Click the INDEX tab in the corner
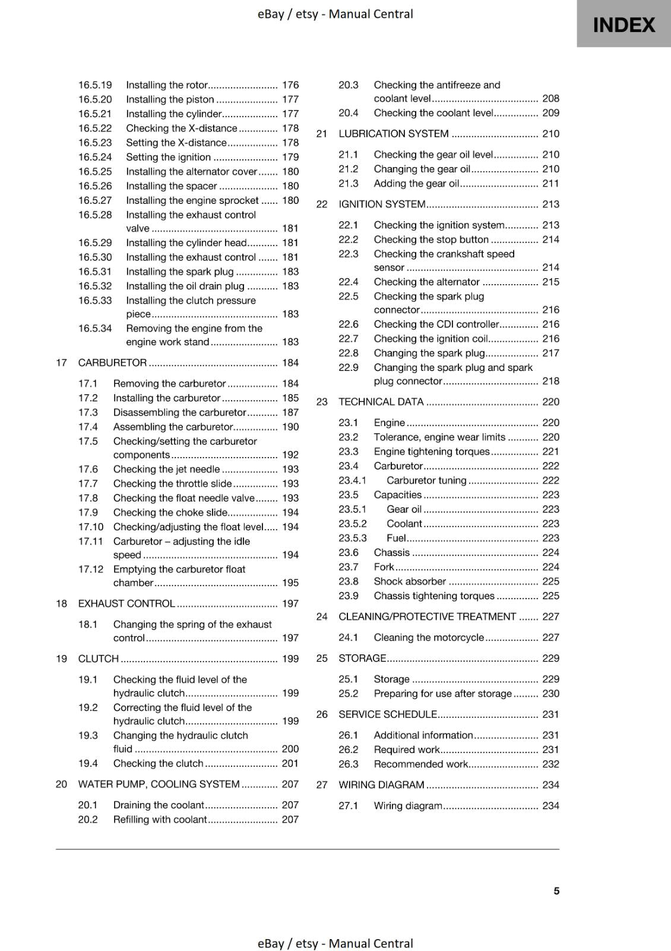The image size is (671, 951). [623, 24]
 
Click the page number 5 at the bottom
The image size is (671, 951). [556, 890]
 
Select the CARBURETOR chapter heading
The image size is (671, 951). [112, 363]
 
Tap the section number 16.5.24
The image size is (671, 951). [95, 157]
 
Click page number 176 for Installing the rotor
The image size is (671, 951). [290, 85]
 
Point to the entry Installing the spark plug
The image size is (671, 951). [180, 272]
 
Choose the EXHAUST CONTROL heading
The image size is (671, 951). [126, 603]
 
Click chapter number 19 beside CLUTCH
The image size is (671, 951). [61, 659]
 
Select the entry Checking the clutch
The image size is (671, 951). [158, 763]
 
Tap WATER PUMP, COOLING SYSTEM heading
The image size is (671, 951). [159, 784]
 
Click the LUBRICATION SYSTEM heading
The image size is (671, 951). [393, 134]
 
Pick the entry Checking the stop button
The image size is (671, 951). [431, 240]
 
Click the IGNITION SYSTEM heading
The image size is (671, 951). [382, 204]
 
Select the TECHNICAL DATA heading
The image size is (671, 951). [381, 402]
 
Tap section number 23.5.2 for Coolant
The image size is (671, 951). [353, 524]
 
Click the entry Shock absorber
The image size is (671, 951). [409, 581]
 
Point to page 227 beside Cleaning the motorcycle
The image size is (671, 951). [550, 637]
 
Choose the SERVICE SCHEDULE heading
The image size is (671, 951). [387, 714]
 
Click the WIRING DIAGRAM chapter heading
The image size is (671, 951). [381, 785]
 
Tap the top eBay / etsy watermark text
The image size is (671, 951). [335, 14]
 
